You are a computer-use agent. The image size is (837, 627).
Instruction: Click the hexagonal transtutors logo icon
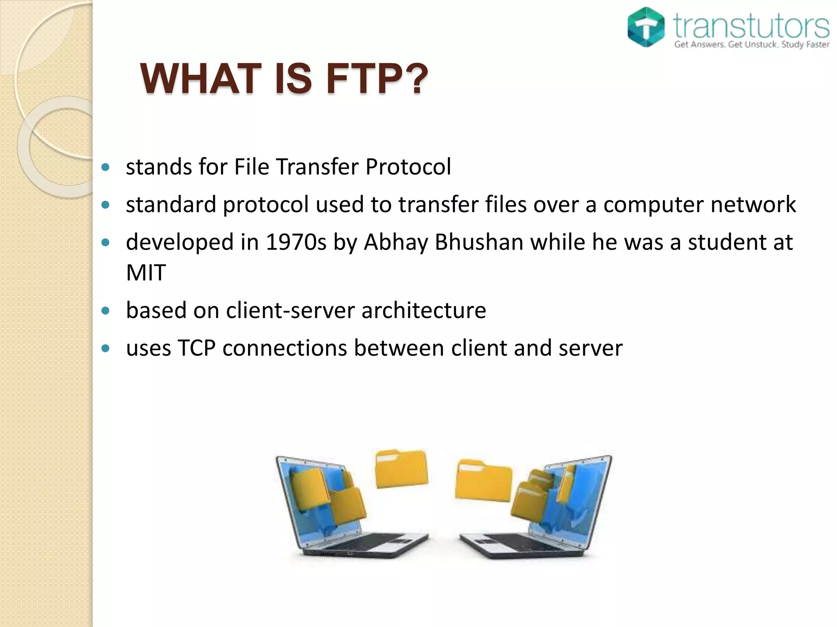646,27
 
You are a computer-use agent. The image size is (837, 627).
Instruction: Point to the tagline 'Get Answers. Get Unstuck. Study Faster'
751,44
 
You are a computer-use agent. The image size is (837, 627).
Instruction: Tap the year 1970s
296,242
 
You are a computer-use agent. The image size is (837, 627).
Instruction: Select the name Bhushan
479,242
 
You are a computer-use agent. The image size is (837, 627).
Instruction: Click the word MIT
146,272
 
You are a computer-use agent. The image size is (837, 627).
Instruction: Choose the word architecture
424,310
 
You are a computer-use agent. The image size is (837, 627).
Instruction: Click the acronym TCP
197,348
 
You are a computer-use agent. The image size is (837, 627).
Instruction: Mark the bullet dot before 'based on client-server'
106,311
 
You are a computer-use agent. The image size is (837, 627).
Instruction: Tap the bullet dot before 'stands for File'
106,167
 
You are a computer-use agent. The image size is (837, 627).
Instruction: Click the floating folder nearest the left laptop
401,469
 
